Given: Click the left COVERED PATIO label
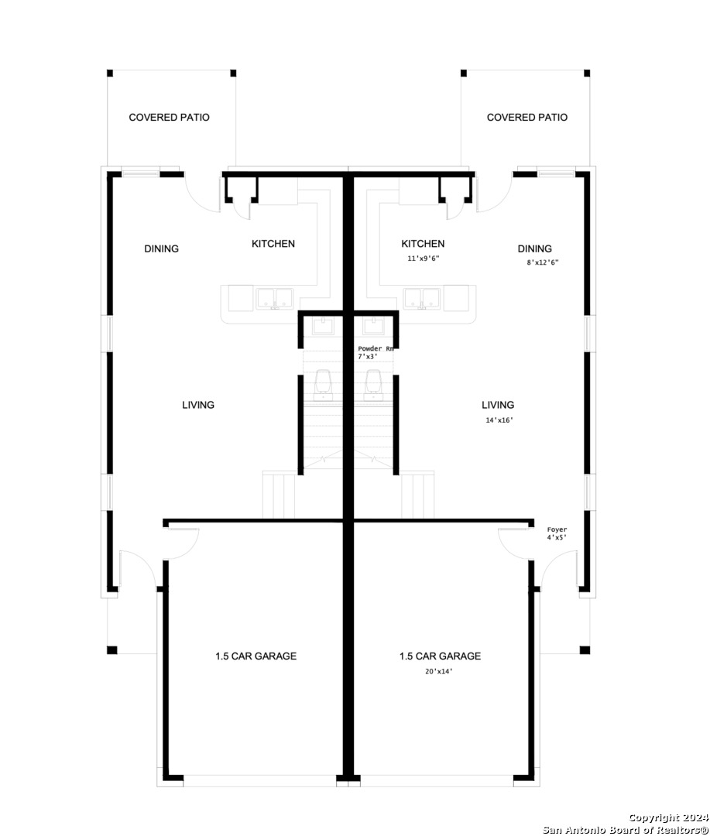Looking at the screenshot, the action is point(169,118).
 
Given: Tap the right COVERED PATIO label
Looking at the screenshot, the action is point(527,118).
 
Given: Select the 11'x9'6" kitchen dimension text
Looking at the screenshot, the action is point(424,259).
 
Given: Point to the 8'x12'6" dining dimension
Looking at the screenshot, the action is point(543,262).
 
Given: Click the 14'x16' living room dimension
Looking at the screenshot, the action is point(499,420).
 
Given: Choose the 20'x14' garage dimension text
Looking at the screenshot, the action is point(438,672).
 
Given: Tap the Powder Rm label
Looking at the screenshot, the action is point(376,348).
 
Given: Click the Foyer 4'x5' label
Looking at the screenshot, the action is point(557,533).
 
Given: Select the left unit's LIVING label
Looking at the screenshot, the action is point(198,405).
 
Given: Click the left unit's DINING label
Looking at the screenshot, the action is point(162,249).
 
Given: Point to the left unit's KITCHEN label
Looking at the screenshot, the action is point(273,244).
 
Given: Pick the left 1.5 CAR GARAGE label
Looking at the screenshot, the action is point(256,656).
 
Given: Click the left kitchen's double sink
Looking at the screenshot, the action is point(275,299).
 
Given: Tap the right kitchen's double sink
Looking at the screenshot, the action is point(422,299).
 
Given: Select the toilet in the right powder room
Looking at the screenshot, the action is point(373,385).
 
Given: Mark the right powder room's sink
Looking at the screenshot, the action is point(373,326).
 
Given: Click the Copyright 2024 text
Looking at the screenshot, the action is point(669,818).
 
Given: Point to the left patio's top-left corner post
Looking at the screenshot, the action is point(110,73).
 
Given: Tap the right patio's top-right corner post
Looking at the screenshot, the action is point(587,73).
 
